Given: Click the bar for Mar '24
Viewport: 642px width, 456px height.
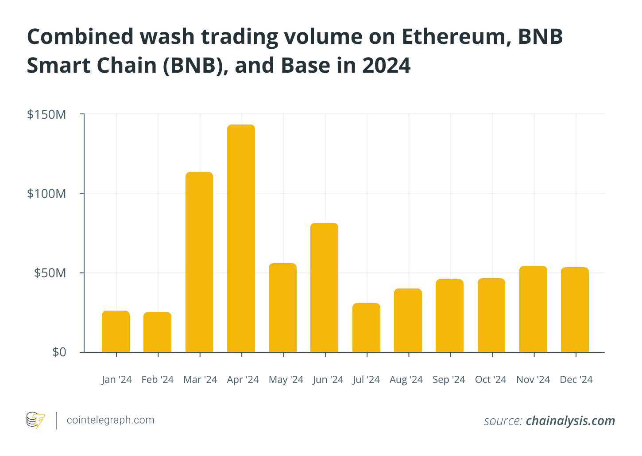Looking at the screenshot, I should coord(199,262).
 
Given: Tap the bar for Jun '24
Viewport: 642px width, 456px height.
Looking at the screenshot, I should coord(324,288).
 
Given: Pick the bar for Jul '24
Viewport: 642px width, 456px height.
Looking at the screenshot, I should coord(366,327).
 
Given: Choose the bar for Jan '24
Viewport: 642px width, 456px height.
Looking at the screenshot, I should coord(116,331).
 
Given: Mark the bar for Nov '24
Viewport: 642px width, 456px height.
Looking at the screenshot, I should coord(533,309).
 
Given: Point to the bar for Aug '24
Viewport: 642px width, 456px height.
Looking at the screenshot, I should coord(408,320).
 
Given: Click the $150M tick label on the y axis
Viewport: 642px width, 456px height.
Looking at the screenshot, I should coord(46,115).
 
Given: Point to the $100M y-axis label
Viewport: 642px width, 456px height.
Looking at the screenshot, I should coord(46,194).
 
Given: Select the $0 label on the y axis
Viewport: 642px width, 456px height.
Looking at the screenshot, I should coord(59,352).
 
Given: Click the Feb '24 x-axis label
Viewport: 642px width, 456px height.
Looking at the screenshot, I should coord(158,380).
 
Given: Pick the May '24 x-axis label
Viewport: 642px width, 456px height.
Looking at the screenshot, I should coord(286,380).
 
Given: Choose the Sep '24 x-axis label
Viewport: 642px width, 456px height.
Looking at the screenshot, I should coord(449,380).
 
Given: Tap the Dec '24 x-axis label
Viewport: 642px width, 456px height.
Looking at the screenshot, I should coord(576,380).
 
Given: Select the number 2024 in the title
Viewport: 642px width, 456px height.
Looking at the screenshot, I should coord(386,66).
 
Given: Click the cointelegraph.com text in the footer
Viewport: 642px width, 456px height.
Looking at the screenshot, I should coord(110,420).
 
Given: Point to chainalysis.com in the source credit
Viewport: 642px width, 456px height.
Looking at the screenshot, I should coord(570,421).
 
